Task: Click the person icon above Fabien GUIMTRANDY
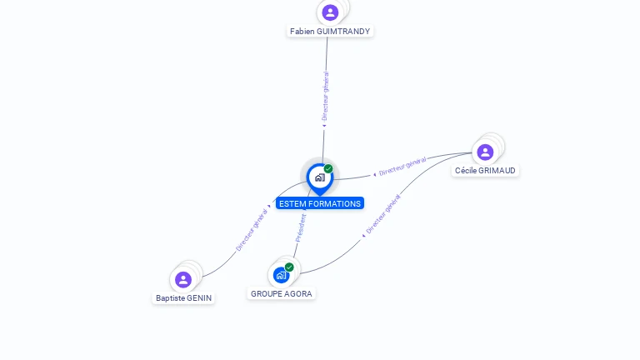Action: pos(330,12)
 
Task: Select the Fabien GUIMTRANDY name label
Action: pos(330,32)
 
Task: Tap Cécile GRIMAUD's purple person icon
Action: pos(485,152)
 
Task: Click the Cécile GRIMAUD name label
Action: pos(485,171)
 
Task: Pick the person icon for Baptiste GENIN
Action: pos(183,280)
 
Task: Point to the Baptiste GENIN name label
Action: pos(183,298)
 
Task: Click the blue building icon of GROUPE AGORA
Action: pos(281,276)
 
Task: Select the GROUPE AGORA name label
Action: pos(281,294)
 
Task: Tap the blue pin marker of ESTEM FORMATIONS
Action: pos(320,179)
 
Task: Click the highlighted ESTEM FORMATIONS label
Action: pos(320,203)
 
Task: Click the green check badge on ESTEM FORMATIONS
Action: pos(328,168)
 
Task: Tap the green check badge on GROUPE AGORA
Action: pos(289,267)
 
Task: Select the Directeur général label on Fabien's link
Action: pos(325,97)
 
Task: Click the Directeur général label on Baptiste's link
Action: pos(252,230)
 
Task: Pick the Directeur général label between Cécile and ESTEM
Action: pos(402,166)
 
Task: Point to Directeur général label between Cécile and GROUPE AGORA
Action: pos(383,214)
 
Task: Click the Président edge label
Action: pos(301,228)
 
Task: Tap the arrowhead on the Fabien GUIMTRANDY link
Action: pos(324,126)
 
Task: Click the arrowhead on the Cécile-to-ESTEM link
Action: pos(375,175)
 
